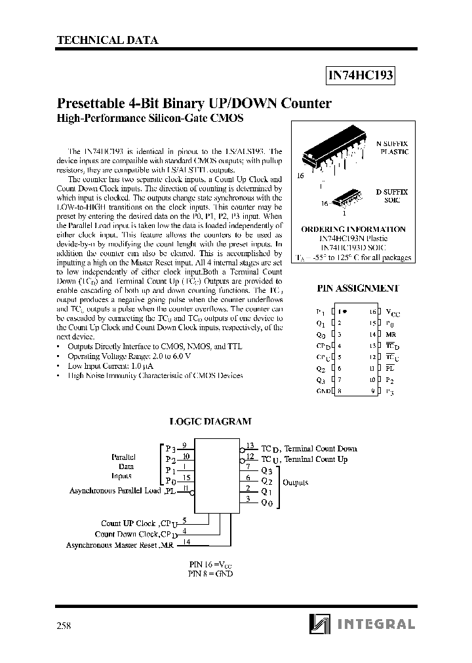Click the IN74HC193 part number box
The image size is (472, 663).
click(x=360, y=76)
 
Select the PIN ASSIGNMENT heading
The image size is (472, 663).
click(x=358, y=288)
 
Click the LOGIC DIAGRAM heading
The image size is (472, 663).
click(x=210, y=423)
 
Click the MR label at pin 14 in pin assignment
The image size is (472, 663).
click(x=390, y=335)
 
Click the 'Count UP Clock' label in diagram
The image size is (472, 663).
click(x=128, y=523)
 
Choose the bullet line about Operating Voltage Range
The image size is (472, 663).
click(x=128, y=356)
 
